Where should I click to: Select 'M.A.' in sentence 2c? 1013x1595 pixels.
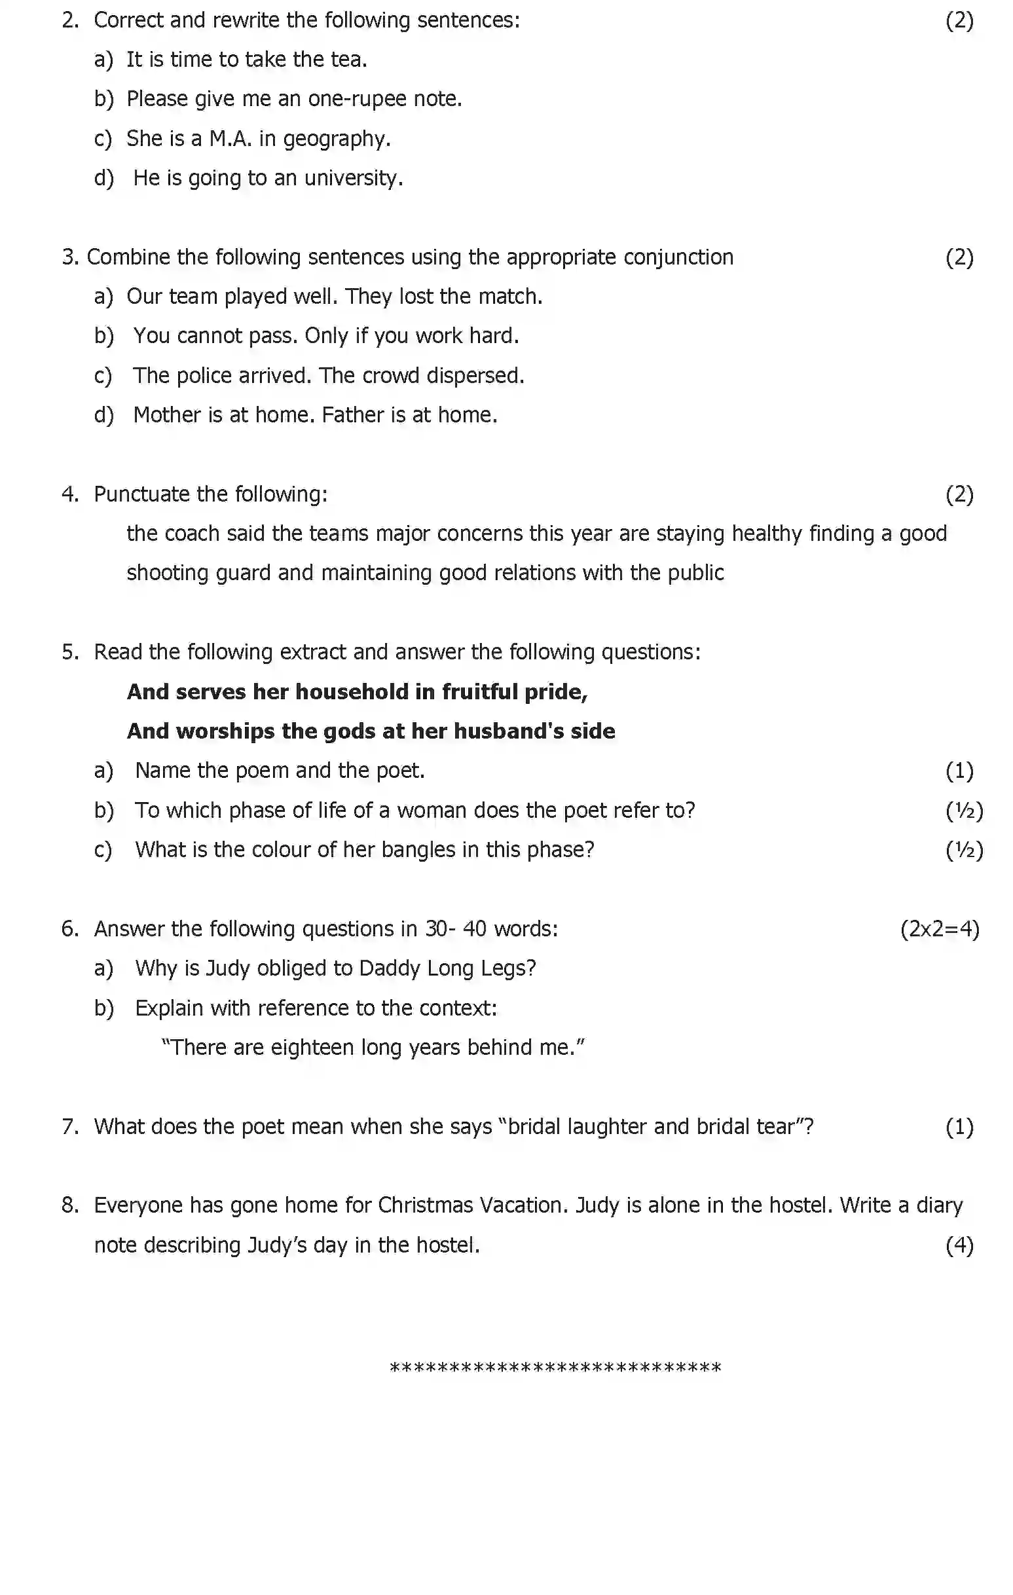pos(230,138)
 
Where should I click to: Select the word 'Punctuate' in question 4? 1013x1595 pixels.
pos(141,494)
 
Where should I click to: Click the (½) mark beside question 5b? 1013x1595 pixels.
pos(964,811)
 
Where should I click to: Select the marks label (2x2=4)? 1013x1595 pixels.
pos(939,929)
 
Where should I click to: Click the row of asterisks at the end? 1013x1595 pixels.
pos(555,1368)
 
